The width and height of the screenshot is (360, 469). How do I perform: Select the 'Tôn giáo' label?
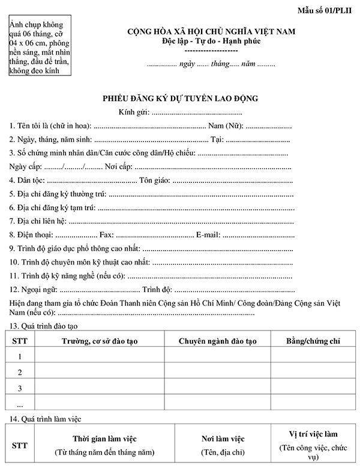click(x=154, y=181)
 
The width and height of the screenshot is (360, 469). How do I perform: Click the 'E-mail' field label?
click(x=208, y=235)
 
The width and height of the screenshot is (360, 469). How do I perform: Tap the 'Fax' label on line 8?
click(x=106, y=235)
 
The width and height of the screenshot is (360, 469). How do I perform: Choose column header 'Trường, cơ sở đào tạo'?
click(x=100, y=341)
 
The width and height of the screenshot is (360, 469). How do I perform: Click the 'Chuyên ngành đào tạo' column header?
click(x=218, y=341)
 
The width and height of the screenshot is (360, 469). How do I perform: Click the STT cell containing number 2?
click(x=20, y=372)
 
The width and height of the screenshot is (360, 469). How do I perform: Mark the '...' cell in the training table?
click(x=20, y=403)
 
